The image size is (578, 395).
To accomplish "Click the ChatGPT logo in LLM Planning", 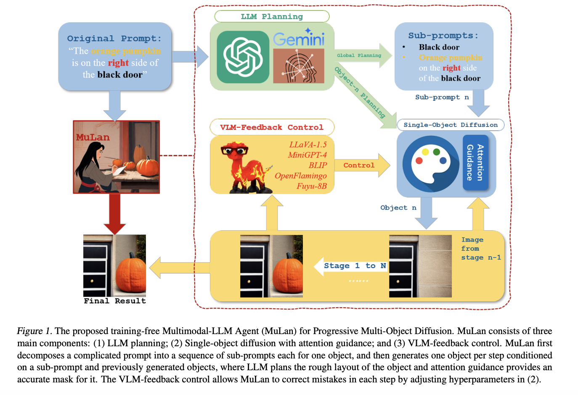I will coord(243,57).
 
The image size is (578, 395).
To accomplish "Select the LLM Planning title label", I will coord(272,16).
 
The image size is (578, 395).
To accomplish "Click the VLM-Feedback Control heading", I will coord(272,127).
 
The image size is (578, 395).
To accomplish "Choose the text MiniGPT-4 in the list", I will coord(307,155).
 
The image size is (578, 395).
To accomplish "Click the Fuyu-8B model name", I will coord(311,186).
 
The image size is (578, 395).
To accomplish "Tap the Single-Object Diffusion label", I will coord(451,125).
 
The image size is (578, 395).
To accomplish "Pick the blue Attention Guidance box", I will coord(475,163).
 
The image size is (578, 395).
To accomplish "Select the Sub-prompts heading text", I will coord(443,36).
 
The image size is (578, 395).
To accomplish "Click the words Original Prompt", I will coord(114,38).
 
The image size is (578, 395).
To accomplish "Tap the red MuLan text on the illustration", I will coord(93,137).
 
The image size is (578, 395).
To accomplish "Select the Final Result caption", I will coord(114,301).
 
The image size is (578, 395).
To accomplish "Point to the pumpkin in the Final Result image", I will coord(130,274).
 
